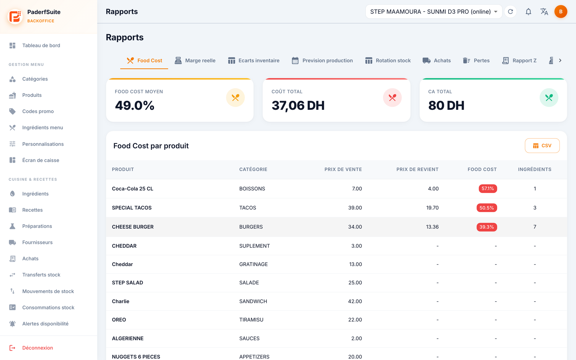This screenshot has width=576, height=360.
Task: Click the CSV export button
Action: pyautogui.click(x=542, y=145)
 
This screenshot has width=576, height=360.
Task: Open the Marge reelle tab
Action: pyautogui.click(x=195, y=60)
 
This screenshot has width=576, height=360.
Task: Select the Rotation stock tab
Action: pyautogui.click(x=388, y=60)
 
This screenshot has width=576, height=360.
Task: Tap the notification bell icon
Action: pyautogui.click(x=528, y=12)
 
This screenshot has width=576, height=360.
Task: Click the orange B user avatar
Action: pyautogui.click(x=561, y=12)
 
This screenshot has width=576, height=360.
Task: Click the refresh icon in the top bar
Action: pyautogui.click(x=510, y=12)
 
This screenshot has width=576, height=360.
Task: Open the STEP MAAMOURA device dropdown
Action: pyautogui.click(x=433, y=12)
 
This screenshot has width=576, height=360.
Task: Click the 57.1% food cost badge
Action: pyautogui.click(x=487, y=189)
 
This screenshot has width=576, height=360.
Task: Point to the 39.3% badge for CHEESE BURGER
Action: pyautogui.click(x=486, y=227)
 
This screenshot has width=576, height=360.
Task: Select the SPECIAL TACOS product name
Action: pyautogui.click(x=132, y=207)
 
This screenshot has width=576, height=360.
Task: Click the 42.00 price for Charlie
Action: pyautogui.click(x=355, y=301)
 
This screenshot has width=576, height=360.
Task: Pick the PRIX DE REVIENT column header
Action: pyautogui.click(x=417, y=169)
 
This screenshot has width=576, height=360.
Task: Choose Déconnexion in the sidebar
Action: pyautogui.click(x=37, y=348)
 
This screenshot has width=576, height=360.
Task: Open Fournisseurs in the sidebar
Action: pyautogui.click(x=37, y=242)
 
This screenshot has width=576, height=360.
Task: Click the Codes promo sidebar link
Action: pyautogui.click(x=38, y=111)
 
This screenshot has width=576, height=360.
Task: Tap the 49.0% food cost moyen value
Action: pyautogui.click(x=135, y=105)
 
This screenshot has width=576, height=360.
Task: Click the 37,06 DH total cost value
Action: pyautogui.click(x=298, y=105)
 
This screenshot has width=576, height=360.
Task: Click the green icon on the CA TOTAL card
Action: pyautogui.click(x=549, y=98)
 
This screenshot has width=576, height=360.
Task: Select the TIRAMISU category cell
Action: pyautogui.click(x=251, y=320)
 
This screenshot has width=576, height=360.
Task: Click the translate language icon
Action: pyautogui.click(x=544, y=12)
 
